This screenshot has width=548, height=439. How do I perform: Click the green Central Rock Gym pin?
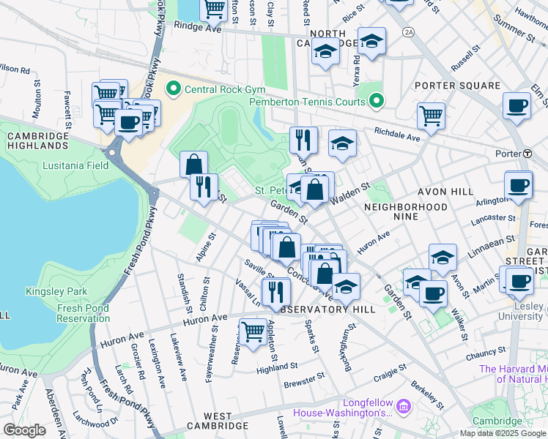174,91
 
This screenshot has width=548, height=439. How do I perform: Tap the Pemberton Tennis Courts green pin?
377,101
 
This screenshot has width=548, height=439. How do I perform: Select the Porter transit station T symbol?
527,154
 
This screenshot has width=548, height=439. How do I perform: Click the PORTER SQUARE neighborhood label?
457,86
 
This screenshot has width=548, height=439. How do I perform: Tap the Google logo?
25,430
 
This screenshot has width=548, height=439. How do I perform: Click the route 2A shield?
408,32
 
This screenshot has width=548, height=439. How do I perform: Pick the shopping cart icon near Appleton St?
253,333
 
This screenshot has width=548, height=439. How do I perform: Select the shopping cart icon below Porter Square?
431,116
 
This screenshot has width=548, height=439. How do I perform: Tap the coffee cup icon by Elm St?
516,106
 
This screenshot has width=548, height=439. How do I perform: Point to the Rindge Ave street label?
197,25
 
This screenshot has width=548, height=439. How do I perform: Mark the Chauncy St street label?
486,355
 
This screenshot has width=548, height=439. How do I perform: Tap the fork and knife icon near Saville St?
275,292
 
